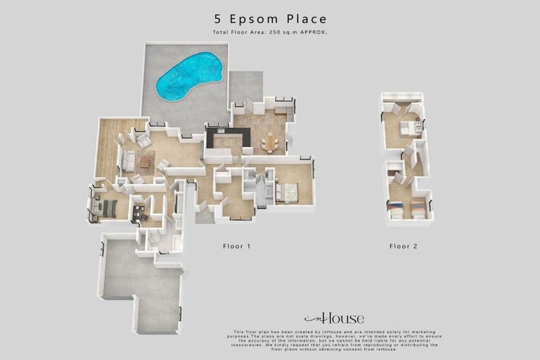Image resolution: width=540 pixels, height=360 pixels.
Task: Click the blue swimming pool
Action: click(188, 76)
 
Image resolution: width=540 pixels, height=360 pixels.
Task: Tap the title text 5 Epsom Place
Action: click(270, 19)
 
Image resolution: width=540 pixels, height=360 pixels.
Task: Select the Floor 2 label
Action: click(404, 246)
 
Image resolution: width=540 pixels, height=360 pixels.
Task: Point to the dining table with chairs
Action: click(270, 143)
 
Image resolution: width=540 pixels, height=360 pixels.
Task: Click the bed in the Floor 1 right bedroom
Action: click(288, 192)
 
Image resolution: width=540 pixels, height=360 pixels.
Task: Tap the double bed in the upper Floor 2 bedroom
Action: click(409, 128)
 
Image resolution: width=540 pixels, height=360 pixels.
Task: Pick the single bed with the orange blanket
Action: click(418, 210)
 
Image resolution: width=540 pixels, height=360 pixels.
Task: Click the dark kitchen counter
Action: click(226, 134)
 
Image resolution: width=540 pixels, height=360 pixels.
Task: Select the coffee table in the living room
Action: click(144, 161)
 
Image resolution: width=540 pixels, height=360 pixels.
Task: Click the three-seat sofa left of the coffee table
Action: click(129, 161)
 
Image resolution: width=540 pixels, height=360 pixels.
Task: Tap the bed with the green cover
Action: click(108, 208)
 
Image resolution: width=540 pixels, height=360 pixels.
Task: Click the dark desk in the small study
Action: click(139, 211)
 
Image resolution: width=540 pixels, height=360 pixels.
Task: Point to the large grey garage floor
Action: click(141, 281)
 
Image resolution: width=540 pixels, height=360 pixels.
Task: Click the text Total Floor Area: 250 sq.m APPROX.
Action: click(270, 33)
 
